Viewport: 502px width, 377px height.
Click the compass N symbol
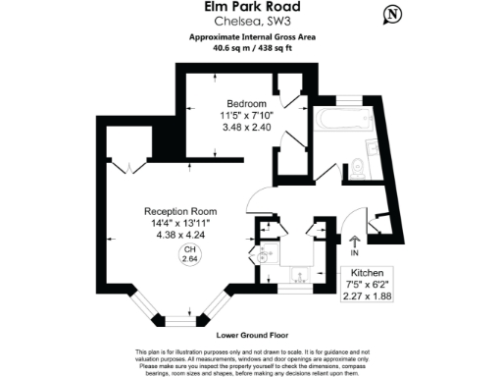pos(392,15)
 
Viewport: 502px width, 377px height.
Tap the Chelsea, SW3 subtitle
pos(251,24)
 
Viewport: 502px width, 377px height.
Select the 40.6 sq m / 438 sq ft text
pos(251,49)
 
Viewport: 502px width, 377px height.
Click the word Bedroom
pos(246,104)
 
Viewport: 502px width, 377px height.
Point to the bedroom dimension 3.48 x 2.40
pos(246,129)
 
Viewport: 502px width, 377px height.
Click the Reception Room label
pos(180,212)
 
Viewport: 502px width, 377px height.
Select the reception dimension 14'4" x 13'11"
pos(180,224)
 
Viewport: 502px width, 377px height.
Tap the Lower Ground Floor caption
pos(251,335)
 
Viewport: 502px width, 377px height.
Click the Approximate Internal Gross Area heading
pos(251,37)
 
